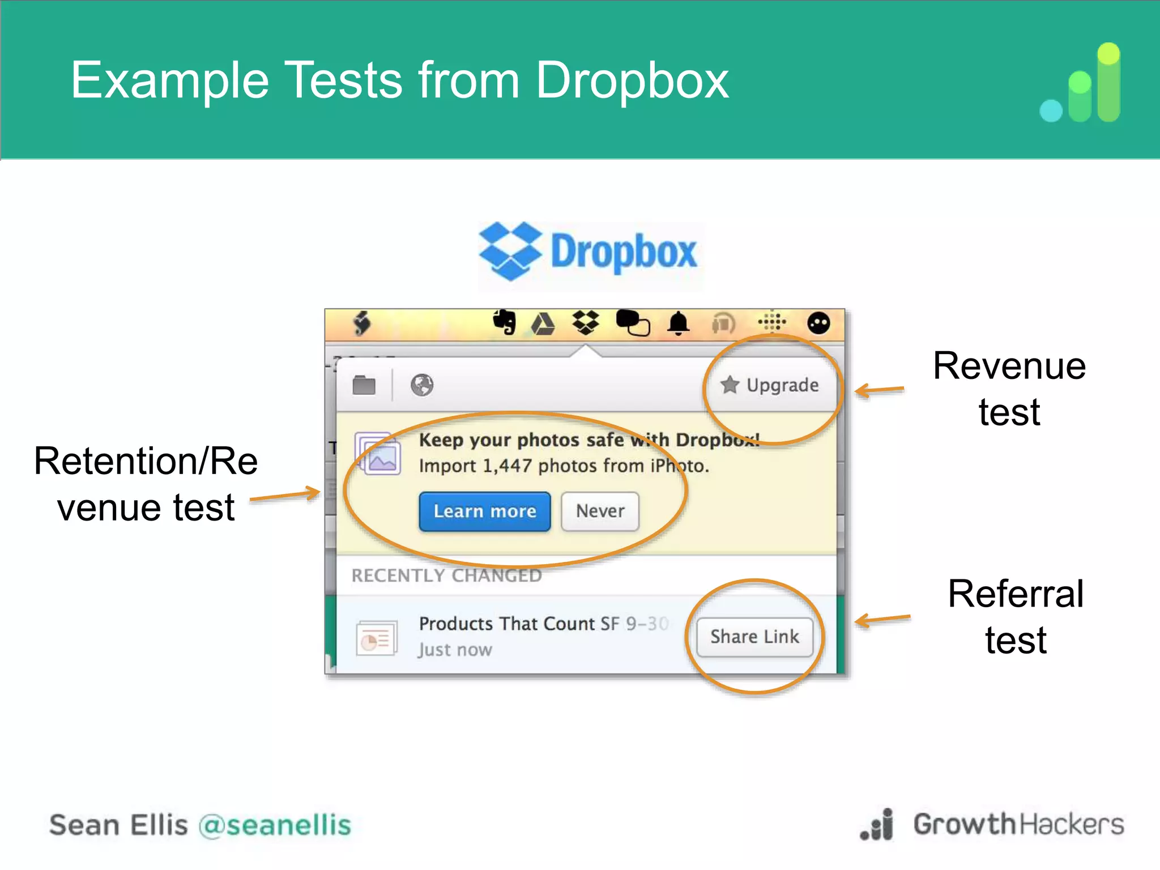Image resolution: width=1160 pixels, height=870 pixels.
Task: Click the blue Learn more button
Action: point(485,511)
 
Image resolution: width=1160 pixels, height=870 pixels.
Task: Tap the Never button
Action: point(600,511)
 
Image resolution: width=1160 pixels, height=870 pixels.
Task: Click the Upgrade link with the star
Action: point(770,385)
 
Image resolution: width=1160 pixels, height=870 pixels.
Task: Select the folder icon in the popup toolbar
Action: point(364,385)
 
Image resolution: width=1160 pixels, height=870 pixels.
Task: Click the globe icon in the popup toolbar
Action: point(422,385)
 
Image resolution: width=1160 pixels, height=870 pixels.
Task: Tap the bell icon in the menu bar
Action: point(678,324)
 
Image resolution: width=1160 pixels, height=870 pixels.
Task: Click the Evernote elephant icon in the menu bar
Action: point(504,322)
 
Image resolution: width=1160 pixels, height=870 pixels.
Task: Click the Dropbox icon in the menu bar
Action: point(586,322)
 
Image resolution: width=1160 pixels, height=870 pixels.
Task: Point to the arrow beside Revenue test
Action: point(879,390)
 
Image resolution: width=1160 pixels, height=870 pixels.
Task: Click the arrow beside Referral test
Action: point(882,619)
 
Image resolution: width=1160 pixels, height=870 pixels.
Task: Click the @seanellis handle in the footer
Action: point(275,825)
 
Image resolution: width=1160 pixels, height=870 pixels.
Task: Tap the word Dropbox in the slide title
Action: point(632,80)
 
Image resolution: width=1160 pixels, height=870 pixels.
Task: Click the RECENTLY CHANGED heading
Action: point(446,575)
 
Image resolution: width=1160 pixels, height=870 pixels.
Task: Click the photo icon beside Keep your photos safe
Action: point(378,453)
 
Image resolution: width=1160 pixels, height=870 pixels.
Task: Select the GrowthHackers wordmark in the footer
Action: point(1018,824)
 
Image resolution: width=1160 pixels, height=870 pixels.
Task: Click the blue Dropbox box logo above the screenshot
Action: point(509,251)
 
